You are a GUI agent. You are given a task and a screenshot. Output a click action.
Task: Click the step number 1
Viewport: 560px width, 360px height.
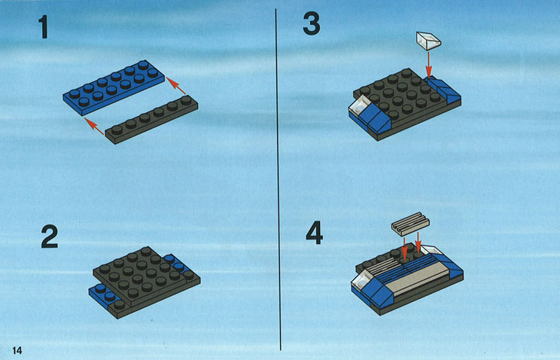pos(44,27)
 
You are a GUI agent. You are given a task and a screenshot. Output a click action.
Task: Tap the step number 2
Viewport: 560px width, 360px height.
pos(49,236)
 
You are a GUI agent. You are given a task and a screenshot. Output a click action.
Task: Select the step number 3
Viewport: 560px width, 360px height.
pos(312,23)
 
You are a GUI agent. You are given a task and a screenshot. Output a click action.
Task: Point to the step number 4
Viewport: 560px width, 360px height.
pos(315,233)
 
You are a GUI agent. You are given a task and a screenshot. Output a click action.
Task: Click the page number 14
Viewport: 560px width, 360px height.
pos(17,350)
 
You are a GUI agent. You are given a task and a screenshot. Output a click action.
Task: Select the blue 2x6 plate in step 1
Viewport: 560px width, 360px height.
pos(114,87)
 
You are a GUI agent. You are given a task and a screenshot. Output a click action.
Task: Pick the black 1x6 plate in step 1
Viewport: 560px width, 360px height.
pos(151,120)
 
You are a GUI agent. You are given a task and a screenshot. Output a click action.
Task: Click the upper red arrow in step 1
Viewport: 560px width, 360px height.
pos(176,86)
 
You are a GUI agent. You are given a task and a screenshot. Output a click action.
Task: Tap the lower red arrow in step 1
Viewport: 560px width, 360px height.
pos(94,127)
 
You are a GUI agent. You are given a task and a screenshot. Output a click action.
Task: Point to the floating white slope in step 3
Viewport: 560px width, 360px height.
pos(428,41)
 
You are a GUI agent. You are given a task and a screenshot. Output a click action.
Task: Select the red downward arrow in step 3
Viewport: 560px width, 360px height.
pos(429,65)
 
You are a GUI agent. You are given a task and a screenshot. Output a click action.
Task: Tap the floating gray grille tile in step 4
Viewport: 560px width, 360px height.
pos(410,224)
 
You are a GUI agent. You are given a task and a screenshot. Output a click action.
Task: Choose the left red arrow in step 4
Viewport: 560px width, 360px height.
pos(404,248)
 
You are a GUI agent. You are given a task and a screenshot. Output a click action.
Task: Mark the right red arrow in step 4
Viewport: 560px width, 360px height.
pos(418,245)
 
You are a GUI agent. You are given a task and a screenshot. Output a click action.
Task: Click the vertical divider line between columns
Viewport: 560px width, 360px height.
pos(278,178)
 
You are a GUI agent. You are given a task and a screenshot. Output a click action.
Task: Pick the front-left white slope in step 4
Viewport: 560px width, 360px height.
pos(362,279)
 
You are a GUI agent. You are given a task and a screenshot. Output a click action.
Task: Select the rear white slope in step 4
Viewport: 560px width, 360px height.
pos(431,249)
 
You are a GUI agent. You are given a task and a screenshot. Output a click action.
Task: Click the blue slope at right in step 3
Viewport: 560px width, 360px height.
pos(443,90)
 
